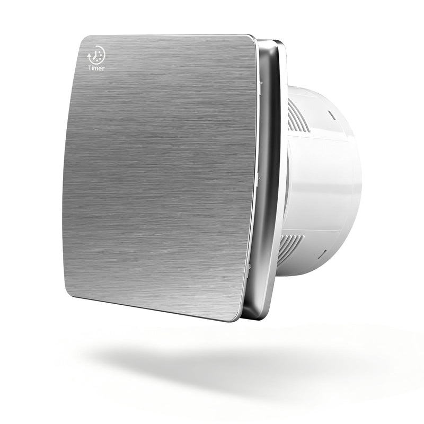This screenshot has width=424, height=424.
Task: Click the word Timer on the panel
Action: (x=96, y=68)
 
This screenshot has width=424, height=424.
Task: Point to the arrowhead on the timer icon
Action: (x=90, y=55)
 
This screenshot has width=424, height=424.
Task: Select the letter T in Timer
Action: (x=90, y=68)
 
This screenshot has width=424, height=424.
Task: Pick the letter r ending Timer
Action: (x=103, y=69)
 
